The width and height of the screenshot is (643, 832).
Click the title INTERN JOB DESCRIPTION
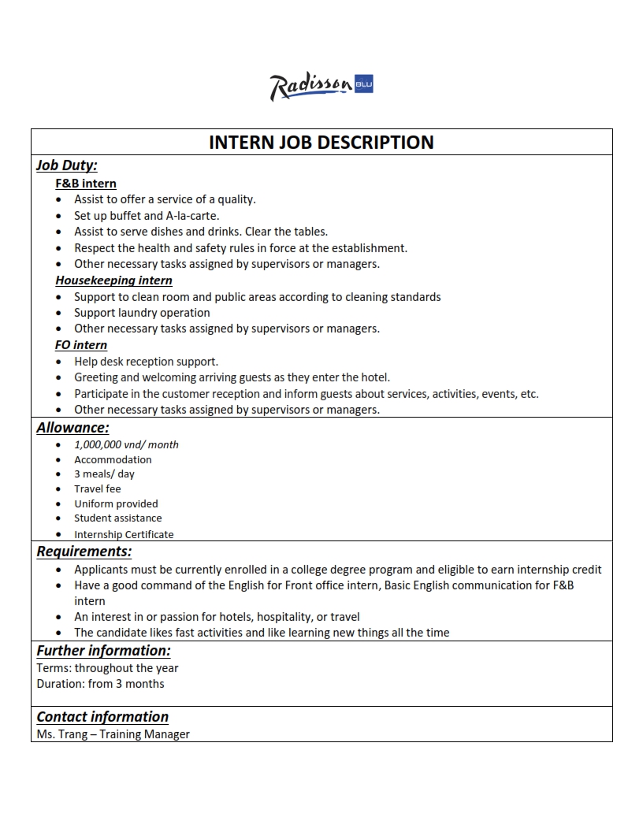(x=321, y=143)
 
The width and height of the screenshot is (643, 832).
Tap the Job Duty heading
(x=67, y=165)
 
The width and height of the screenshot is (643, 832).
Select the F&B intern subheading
(x=86, y=184)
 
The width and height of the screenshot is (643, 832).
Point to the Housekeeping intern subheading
(x=113, y=280)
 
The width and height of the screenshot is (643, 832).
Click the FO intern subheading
(x=81, y=345)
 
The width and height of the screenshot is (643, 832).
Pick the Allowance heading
(x=72, y=428)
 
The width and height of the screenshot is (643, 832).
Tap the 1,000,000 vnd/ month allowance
(x=126, y=444)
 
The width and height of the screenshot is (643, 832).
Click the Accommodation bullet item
(x=113, y=459)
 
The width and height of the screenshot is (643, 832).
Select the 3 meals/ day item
(x=104, y=474)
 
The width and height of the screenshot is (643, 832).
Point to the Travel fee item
(x=98, y=489)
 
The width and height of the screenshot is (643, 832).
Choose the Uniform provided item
(x=116, y=504)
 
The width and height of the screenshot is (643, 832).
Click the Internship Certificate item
(x=124, y=534)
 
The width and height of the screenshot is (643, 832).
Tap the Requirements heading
(x=84, y=552)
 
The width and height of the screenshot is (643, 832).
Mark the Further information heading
(x=103, y=651)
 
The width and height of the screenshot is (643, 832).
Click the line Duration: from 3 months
(x=100, y=684)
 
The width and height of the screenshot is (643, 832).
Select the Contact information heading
(x=102, y=717)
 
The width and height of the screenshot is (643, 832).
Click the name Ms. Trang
(x=56, y=734)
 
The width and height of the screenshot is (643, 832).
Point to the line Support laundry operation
(x=142, y=313)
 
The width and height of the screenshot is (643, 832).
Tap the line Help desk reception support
(x=146, y=362)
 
